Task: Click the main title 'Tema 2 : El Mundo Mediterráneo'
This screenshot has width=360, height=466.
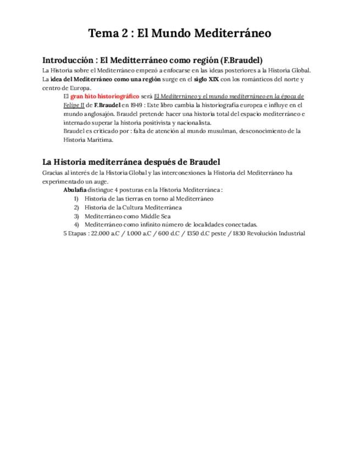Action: click(x=180, y=34)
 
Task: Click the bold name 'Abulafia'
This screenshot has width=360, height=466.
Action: click(x=75, y=190)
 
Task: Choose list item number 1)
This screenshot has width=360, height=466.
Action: click(x=76, y=199)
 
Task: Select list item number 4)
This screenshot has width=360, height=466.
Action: click(x=76, y=224)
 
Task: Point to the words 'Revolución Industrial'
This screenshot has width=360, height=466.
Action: click(x=276, y=233)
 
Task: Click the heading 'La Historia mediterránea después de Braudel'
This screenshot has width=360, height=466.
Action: click(x=131, y=162)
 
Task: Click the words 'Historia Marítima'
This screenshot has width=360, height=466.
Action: click(x=88, y=140)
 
